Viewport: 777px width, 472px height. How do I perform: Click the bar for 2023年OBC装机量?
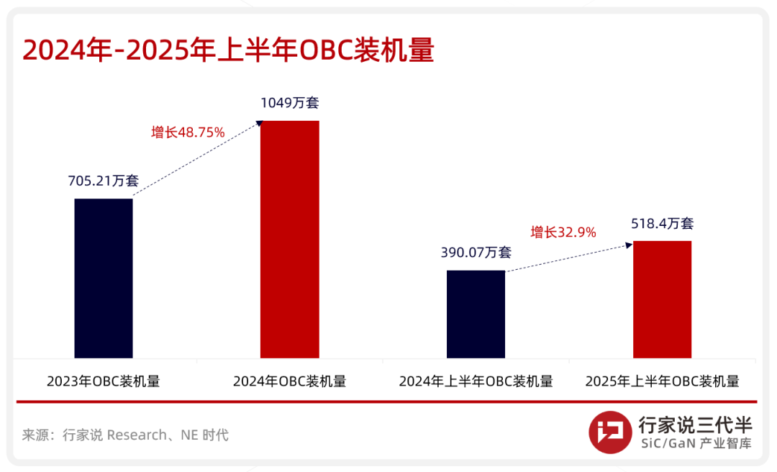(104, 278)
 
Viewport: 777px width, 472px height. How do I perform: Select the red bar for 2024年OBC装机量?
(289, 240)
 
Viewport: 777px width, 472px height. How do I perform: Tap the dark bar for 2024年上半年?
(476, 314)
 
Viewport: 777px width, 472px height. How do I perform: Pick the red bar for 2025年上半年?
(662, 299)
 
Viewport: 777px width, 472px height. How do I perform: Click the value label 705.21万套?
(104, 181)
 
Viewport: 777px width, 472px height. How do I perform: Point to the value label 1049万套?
(289, 103)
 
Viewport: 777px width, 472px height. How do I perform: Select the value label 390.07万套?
(476, 253)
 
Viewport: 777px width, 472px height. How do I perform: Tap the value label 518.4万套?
(662, 224)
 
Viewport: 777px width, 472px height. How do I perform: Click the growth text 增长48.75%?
(188, 132)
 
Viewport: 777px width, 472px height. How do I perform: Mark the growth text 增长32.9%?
(563, 232)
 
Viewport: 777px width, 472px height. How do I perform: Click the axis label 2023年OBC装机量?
(104, 381)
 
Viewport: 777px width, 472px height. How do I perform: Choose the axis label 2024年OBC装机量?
(289, 381)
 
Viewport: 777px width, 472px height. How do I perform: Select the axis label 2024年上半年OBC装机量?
(476, 381)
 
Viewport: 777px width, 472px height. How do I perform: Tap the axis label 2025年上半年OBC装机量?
(662, 381)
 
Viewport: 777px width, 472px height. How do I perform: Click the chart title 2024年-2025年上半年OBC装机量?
(228, 52)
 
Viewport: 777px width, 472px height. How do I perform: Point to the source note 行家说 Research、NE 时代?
(125, 435)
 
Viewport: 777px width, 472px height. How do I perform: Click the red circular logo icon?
(610, 432)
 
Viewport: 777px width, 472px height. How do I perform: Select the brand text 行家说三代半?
(695, 425)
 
